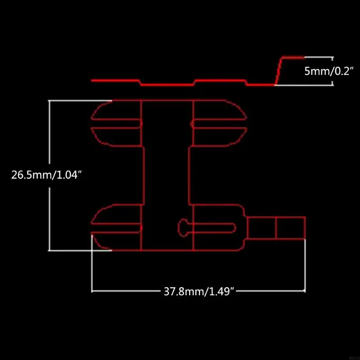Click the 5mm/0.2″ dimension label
pyautogui.click(x=330, y=71)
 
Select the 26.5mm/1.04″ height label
pyautogui.click(x=46, y=174)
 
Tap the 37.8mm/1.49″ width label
pyautogui.click(x=199, y=291)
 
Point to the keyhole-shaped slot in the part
pyautogui.click(x=207, y=226)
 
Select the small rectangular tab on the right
pyautogui.click(x=276, y=228)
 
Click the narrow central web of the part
pyautogui.click(x=167, y=175)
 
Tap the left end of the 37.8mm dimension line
pyautogui.click(x=92, y=291)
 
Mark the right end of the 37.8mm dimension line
pyautogui.click(x=305, y=291)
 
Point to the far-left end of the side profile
pyautogui.click(x=92, y=80)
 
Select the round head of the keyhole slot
pyautogui.click(x=183, y=226)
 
